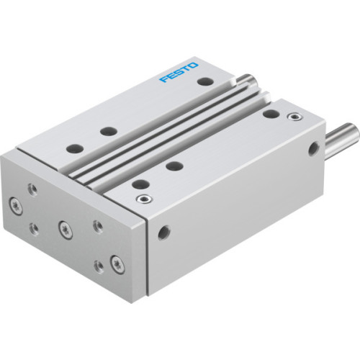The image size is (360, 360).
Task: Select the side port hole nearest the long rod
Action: (x=314, y=149)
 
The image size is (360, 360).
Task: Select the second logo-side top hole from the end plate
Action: (x=108, y=131)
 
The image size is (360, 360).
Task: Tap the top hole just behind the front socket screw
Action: (x=140, y=183)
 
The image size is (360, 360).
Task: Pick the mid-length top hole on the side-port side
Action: (x=173, y=166)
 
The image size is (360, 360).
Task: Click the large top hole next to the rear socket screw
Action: (x=270, y=113)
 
